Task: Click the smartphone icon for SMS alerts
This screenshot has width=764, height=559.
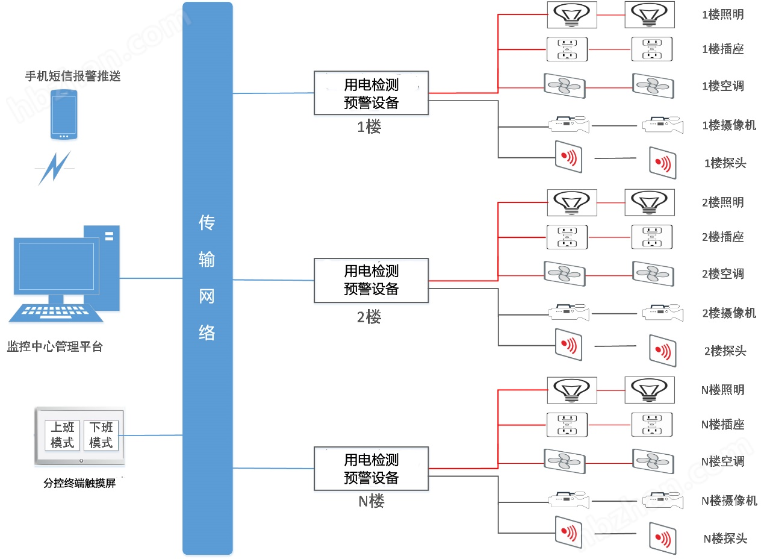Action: coord(64,114)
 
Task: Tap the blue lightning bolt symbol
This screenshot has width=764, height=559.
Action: coord(55,168)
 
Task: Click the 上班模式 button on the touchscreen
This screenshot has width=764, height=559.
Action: coord(62,435)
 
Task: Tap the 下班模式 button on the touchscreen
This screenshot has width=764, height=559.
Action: coord(101,435)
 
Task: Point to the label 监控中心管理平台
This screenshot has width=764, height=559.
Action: coord(55,347)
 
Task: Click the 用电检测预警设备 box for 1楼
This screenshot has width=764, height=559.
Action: coord(371,93)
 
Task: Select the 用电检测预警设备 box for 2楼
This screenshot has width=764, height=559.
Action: coord(371,280)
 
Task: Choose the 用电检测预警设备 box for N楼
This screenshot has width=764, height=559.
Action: coord(371,469)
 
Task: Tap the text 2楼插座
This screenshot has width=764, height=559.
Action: coord(723,237)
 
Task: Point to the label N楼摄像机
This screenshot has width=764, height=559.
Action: coord(729,501)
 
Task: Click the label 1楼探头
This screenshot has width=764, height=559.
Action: coord(725,163)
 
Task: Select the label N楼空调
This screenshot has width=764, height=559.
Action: coord(723,461)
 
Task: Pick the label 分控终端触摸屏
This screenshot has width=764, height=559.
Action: coord(79,483)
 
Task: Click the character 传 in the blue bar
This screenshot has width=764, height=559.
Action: coord(207,223)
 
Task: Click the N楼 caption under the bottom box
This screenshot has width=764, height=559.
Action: coord(371,501)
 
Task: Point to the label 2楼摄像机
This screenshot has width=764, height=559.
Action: coord(729,313)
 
